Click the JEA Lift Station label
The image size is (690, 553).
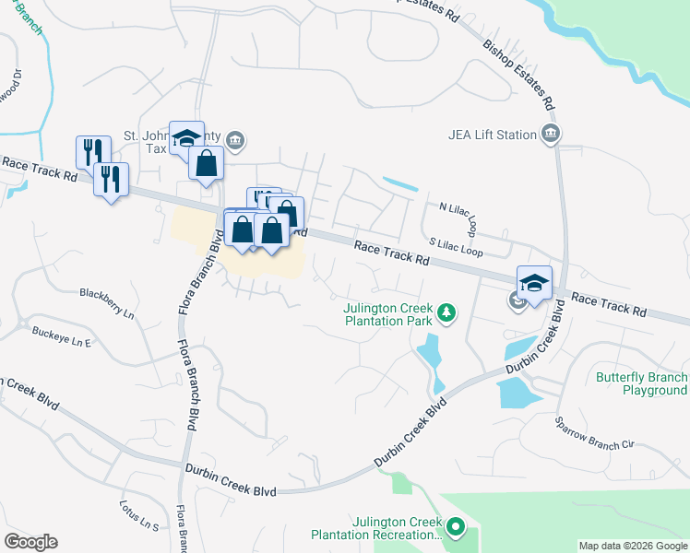click(x=492, y=135)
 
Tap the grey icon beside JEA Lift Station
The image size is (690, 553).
click(x=551, y=135)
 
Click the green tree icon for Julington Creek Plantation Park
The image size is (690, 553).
click(x=446, y=314)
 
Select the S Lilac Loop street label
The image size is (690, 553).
click(x=456, y=250)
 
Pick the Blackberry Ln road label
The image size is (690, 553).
click(x=107, y=305)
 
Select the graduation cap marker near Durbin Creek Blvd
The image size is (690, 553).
click(x=534, y=283)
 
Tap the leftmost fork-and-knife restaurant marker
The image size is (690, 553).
click(x=93, y=152)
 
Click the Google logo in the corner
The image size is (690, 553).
click(x=30, y=542)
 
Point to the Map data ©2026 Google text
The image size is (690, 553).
click(x=633, y=546)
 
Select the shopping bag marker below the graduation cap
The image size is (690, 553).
click(x=207, y=164)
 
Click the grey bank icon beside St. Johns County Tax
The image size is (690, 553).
click(x=235, y=140)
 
